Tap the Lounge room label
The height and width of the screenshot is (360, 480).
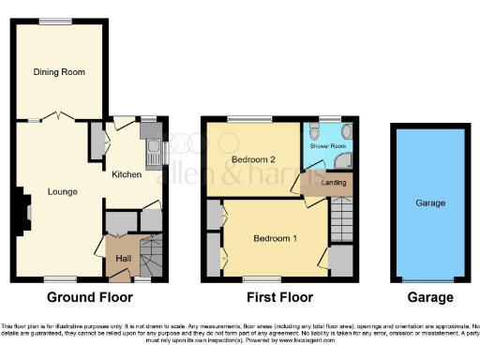(x=62, y=191)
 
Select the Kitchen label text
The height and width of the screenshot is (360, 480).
(x=127, y=174)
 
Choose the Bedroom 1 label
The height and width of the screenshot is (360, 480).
(x=275, y=238)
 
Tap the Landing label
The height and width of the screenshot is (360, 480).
(x=334, y=182)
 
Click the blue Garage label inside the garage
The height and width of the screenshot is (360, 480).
(x=430, y=202)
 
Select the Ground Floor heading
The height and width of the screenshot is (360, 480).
(x=97, y=298)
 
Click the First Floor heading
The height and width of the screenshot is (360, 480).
(x=279, y=298)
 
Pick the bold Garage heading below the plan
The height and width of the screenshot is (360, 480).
(x=430, y=298)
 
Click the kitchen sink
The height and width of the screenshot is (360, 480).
(x=153, y=147)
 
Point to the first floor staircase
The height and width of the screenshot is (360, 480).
(x=341, y=226)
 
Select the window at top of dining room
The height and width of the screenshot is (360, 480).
(x=55, y=21)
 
